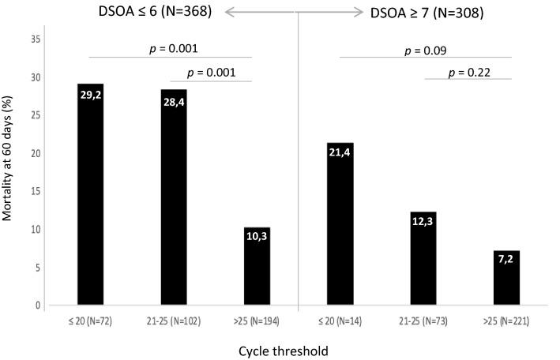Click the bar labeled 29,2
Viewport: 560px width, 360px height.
coord(90,194)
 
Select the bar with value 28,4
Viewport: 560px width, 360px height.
coord(174,197)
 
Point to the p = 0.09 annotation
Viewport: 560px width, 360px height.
coord(426,51)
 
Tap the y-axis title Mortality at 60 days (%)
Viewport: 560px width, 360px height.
coord(9,170)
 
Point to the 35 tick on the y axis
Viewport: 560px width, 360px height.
coord(37,39)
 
